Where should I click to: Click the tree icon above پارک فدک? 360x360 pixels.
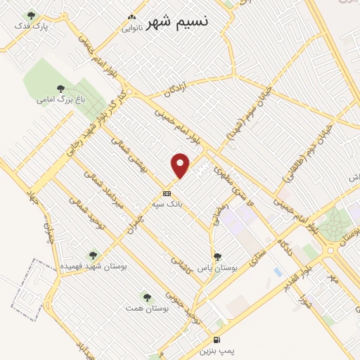[30, 15]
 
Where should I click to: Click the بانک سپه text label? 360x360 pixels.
[167, 203]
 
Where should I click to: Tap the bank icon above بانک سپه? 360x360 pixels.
[167, 193]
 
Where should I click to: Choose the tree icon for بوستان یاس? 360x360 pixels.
[217, 257]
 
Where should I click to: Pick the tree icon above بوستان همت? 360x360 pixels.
[147, 297]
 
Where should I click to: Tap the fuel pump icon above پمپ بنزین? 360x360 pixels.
[217, 339]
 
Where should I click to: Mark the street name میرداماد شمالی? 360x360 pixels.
[112, 194]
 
